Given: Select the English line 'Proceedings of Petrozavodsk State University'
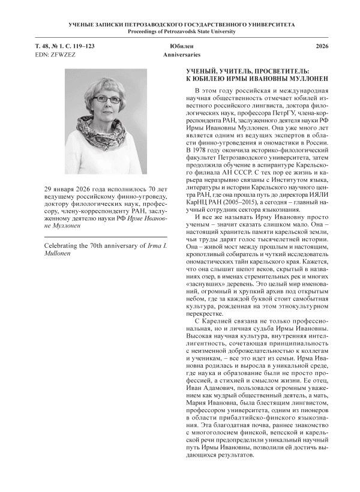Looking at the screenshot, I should [180, 32].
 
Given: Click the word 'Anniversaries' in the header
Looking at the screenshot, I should [180, 55].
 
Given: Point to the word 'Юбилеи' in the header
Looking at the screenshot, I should [180, 46].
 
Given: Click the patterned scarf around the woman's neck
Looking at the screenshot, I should [106, 136].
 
